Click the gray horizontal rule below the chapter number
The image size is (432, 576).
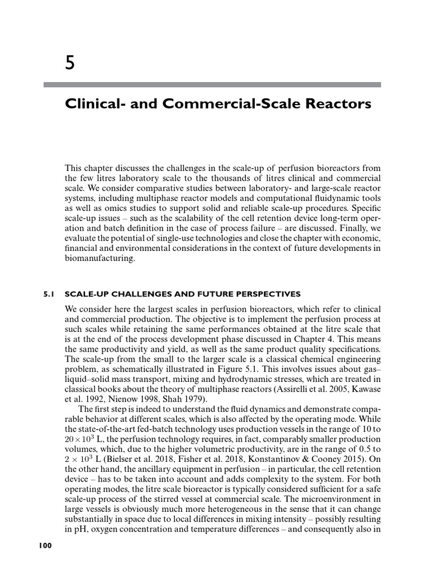[x=213, y=85]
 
